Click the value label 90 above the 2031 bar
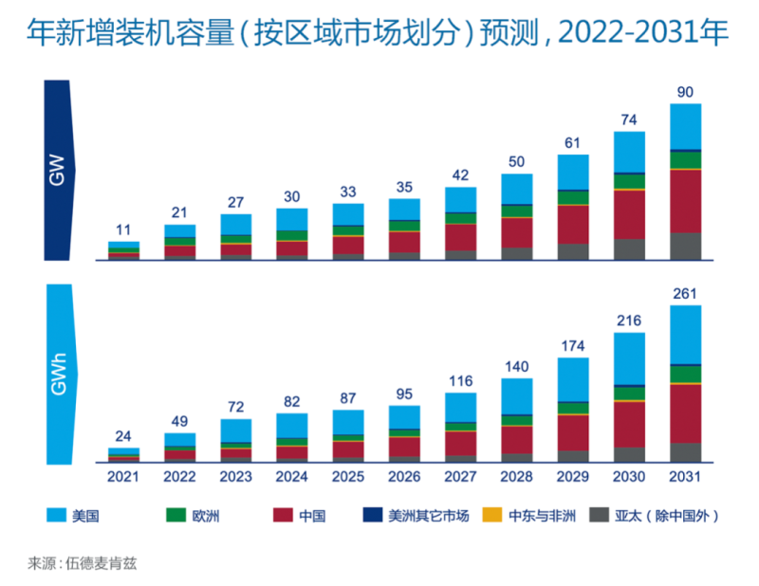click(x=685, y=92)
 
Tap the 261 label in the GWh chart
click(x=685, y=294)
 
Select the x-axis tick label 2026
click(x=404, y=476)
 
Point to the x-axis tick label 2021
click(x=123, y=476)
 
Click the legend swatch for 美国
click(x=56, y=516)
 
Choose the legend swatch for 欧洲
click(x=176, y=516)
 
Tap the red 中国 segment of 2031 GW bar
click(x=685, y=201)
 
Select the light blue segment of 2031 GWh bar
click(x=685, y=335)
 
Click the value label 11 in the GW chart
click(x=123, y=230)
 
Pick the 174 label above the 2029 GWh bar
click(x=572, y=346)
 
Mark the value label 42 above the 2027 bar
click(x=460, y=175)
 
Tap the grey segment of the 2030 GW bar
click(x=629, y=248)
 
